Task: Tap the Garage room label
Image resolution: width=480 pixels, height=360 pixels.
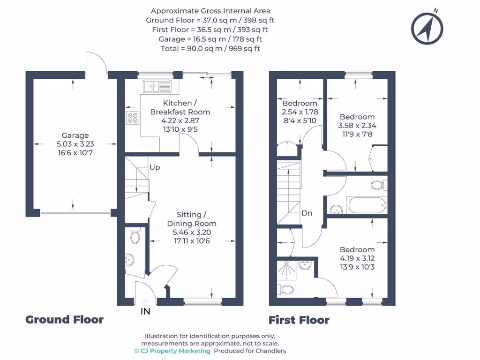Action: pyautogui.click(x=75, y=135)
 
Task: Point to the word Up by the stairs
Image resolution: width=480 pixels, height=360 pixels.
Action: pyautogui.click(x=155, y=167)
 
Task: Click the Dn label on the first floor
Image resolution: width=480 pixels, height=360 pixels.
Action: pyautogui.click(x=307, y=213)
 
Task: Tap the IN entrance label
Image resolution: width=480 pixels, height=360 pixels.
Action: pyautogui.click(x=145, y=311)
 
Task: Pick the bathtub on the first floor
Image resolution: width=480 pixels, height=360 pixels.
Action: pyautogui.click(x=366, y=204)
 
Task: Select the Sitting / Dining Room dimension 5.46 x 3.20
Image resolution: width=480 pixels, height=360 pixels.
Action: pyautogui.click(x=192, y=232)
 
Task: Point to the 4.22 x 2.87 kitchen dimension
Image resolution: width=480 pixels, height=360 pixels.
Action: pyautogui.click(x=180, y=120)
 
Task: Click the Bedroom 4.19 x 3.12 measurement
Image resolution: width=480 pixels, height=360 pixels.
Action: pyautogui.click(x=357, y=258)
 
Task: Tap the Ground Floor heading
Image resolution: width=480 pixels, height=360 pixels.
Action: pyautogui.click(x=64, y=320)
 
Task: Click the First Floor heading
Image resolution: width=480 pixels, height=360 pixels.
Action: pyautogui.click(x=299, y=320)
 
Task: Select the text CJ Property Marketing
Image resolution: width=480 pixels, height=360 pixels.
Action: pyautogui.click(x=172, y=351)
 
